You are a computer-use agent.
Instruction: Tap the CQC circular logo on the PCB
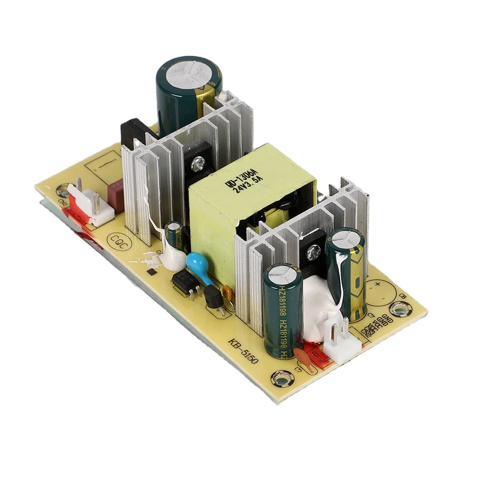[x=120, y=241]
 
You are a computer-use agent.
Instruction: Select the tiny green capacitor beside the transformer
[x=173, y=233]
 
